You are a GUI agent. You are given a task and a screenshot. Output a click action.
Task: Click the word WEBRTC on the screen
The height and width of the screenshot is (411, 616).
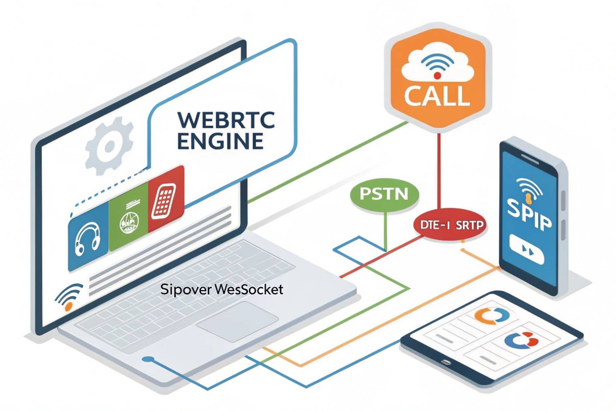point(226,120)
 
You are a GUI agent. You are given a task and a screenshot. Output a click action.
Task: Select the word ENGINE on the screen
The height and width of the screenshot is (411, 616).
point(220,141)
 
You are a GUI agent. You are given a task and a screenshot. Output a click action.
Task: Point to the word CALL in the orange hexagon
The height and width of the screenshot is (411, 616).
point(437,96)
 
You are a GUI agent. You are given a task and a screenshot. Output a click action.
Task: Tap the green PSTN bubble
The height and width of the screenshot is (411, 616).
point(384,194)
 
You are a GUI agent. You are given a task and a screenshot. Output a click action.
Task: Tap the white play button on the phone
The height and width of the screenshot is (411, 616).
point(526,249)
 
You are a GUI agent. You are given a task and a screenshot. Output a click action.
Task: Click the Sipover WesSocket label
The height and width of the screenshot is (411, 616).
point(222,289)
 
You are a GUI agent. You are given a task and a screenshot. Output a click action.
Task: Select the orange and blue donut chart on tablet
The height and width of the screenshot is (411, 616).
point(491,316)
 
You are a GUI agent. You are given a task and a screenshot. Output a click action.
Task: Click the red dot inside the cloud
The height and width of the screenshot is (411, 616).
point(437,76)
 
